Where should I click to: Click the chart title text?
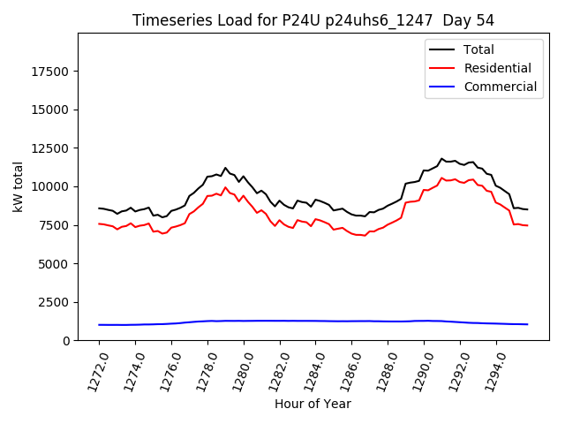pyautogui.click(x=313, y=20)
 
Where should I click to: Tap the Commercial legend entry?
pyautogui.click(x=500, y=87)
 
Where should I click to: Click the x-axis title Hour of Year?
pyautogui.click(x=313, y=405)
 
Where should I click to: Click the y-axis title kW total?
pyautogui.click(x=18, y=186)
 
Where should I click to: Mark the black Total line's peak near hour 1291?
pyautogui.click(x=441, y=159)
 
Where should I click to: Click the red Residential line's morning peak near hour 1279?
pyautogui.click(x=225, y=187)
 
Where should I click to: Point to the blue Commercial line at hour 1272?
pyautogui.click(x=99, y=325)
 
